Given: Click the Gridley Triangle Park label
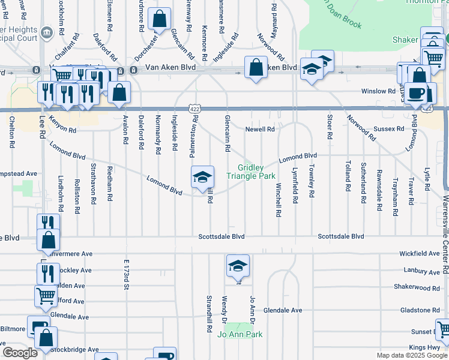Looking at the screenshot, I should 250,172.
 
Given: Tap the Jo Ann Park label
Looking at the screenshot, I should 240,334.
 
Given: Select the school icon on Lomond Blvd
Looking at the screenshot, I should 203,177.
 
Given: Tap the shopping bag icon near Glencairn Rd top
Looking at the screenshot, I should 160,19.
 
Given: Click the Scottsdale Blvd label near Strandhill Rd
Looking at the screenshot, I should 221,237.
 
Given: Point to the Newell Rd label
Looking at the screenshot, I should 260,129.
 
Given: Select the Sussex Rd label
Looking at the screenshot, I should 388,129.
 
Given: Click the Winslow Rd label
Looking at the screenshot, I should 378,91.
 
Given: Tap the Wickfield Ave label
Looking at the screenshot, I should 420,254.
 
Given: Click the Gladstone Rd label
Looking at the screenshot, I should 418,310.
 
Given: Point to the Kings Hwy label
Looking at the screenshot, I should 424,347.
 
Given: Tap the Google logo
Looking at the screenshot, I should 20,353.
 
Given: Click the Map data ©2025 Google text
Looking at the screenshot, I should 411,355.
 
